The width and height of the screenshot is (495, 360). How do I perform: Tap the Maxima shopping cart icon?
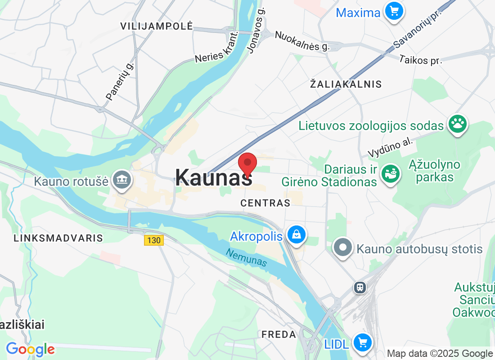[x=394, y=11]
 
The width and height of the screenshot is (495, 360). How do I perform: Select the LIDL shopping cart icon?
[x=363, y=343]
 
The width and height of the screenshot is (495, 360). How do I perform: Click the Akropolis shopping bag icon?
[x=297, y=234]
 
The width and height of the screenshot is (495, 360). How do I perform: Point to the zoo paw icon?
[x=458, y=124]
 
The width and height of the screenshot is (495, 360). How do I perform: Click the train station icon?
[x=360, y=287]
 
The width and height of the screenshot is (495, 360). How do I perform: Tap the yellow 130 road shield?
[x=153, y=240]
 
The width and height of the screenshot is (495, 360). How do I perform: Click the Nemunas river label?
[x=246, y=258]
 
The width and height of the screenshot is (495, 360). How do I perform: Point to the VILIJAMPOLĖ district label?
[x=157, y=26]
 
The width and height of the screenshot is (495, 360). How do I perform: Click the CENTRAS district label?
[x=265, y=203]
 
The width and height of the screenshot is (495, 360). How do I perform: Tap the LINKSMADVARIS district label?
[x=58, y=238]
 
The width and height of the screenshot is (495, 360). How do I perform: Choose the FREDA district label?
[x=279, y=334]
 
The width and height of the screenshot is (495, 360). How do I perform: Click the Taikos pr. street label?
[x=421, y=59]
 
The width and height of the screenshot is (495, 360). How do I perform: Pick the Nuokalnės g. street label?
[x=302, y=40]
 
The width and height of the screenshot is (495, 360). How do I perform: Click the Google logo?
[x=30, y=349]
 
